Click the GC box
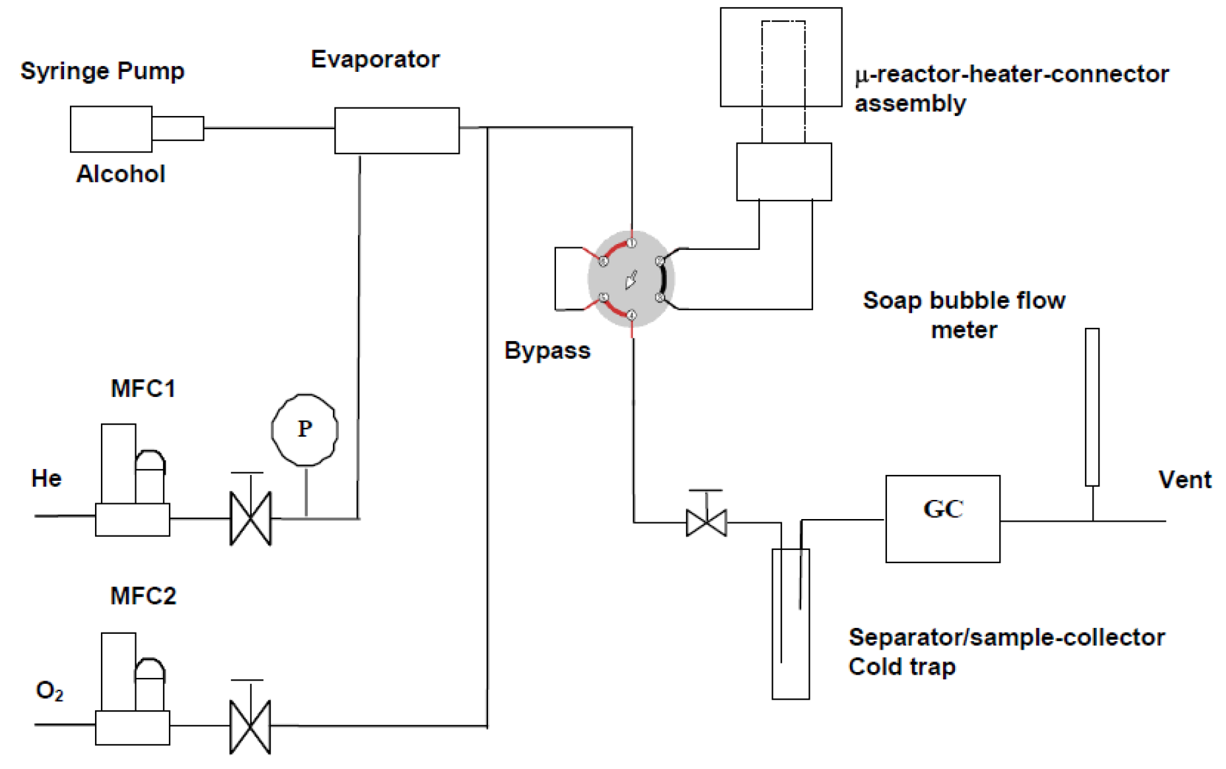click(x=942, y=518)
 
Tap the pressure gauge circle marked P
click(x=305, y=430)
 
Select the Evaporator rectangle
click(x=396, y=131)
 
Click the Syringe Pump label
click(x=102, y=71)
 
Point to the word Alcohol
click(x=121, y=174)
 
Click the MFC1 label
click(x=143, y=389)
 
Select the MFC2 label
click(x=143, y=596)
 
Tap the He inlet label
click(x=46, y=478)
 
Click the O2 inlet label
click(x=49, y=691)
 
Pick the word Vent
click(x=1184, y=479)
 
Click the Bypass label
click(x=547, y=351)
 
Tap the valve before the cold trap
click(x=706, y=522)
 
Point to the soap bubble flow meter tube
click(x=1092, y=407)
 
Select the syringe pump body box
click(x=111, y=129)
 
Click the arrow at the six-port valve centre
click(x=631, y=280)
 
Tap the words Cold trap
click(x=902, y=667)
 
